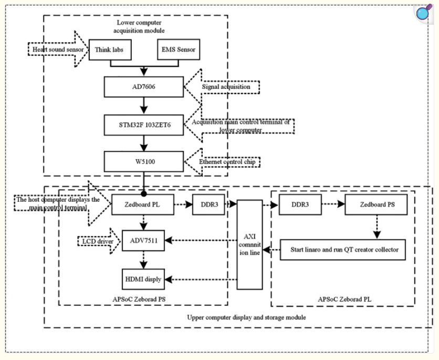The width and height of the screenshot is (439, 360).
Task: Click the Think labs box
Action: (x=110, y=50)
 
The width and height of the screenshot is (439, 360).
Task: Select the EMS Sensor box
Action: (x=179, y=50)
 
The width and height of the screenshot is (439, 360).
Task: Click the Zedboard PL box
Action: (x=142, y=204)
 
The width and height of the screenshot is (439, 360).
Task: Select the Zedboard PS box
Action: (x=375, y=204)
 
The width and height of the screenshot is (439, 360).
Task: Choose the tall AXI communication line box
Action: (x=249, y=244)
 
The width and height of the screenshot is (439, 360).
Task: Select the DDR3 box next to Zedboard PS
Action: (x=300, y=204)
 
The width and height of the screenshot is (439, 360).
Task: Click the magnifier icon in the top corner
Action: (x=423, y=13)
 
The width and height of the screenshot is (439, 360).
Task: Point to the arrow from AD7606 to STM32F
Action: (x=143, y=106)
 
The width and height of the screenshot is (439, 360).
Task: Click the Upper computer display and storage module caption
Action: (x=246, y=317)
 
